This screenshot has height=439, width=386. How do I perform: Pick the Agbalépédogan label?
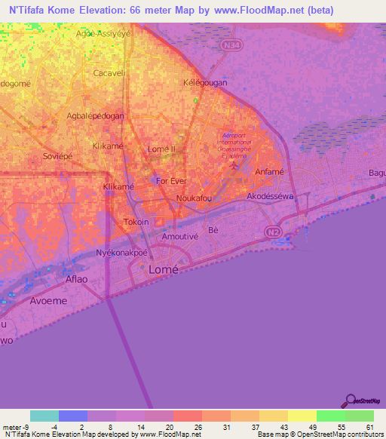(96, 116)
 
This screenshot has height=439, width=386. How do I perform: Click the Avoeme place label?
(48, 300)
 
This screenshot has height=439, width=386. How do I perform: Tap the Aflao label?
(76, 279)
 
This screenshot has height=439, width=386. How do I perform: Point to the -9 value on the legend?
(28, 427)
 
